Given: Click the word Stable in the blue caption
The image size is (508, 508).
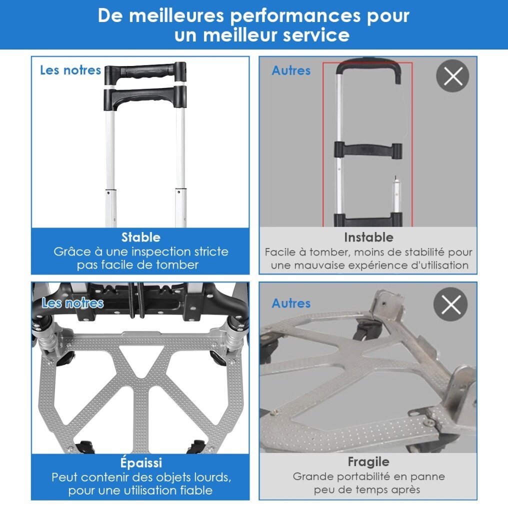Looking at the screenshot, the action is click(141, 237).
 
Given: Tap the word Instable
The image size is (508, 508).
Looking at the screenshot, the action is click(368, 237).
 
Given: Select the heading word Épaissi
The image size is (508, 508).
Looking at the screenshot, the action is click(141, 462).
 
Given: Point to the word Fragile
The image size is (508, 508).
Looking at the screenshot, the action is click(368, 462).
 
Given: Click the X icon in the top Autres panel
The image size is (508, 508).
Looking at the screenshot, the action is click(452, 76).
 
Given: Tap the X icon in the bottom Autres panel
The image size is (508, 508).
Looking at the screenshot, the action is click(450, 304).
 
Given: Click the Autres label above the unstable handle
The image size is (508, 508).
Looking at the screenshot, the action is click(291, 70).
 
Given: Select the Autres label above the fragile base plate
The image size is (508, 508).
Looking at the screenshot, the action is click(291, 303).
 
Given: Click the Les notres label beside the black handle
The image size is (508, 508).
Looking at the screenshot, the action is click(70, 70).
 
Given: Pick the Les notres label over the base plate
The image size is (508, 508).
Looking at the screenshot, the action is click(72, 303).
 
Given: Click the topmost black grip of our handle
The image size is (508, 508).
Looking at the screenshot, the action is click(145, 72).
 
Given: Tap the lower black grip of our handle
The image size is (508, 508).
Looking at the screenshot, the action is click(145, 97).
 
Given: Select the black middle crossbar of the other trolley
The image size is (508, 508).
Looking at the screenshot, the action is click(368, 150).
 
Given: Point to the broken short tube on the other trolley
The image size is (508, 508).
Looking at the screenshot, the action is click(396, 194).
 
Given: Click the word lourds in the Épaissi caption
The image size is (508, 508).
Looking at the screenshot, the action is click(212, 477).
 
